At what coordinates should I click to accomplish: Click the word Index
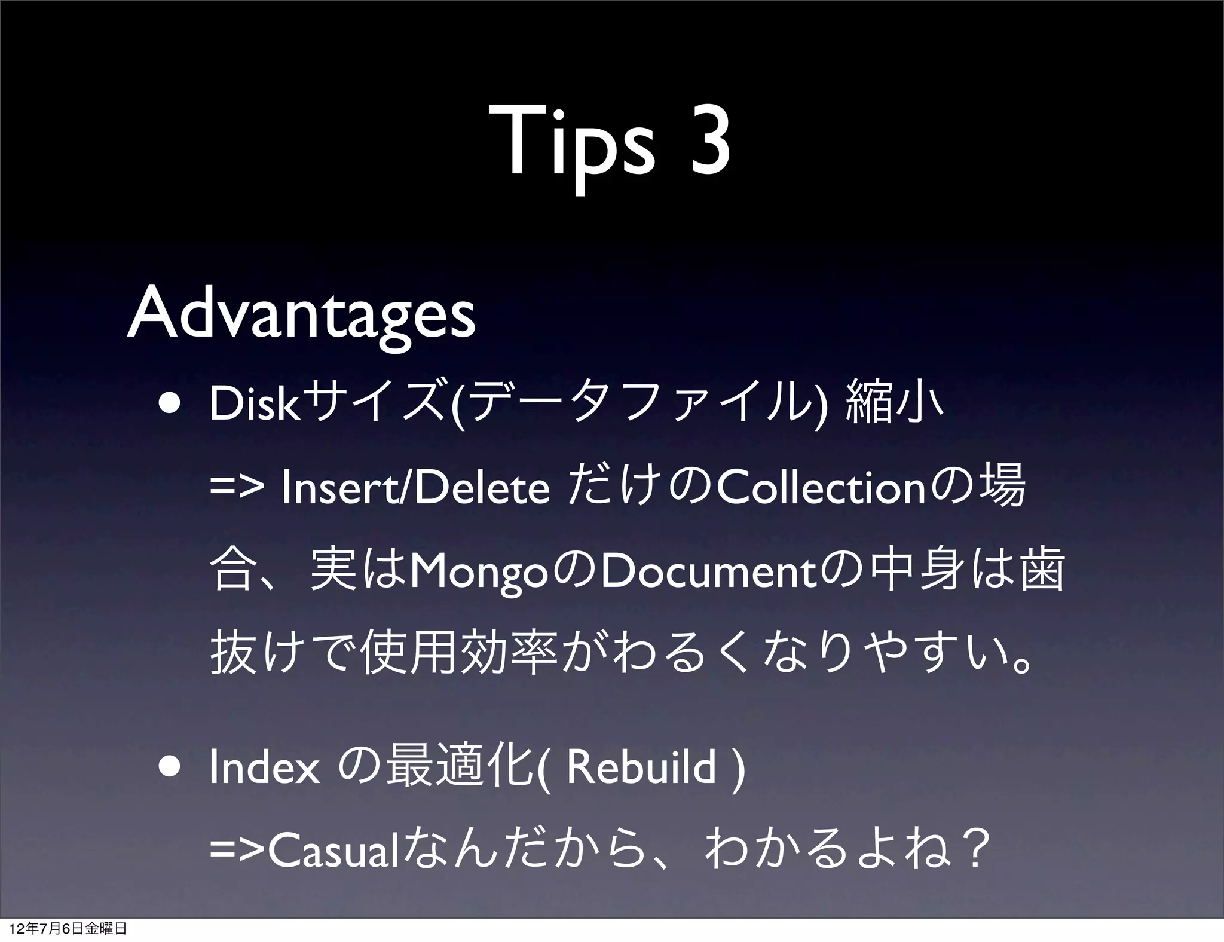click(x=265, y=769)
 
